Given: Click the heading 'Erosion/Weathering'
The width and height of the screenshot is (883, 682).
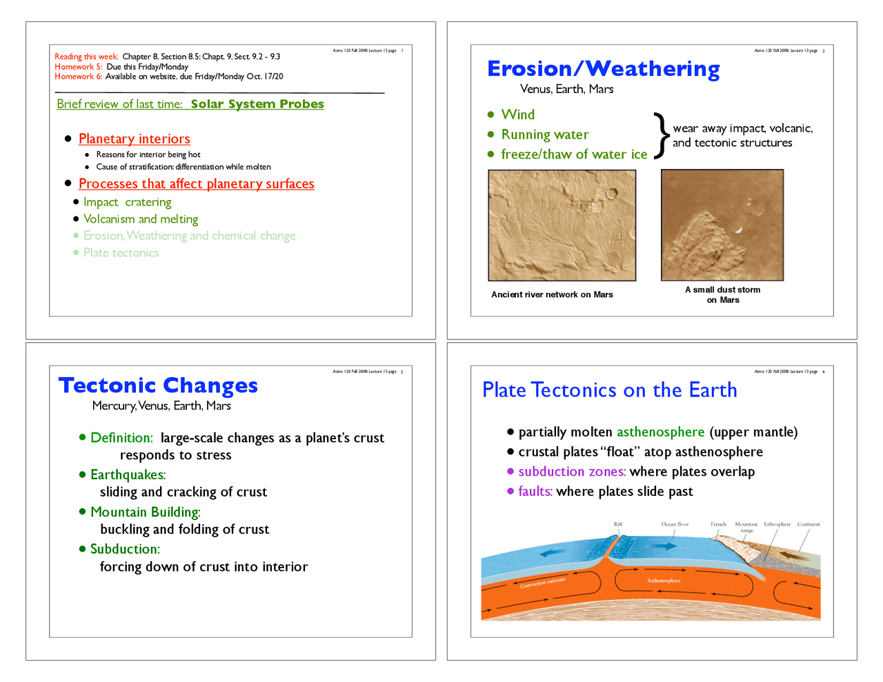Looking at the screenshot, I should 603,69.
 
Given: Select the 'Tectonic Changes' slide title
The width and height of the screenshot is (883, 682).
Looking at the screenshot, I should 158,385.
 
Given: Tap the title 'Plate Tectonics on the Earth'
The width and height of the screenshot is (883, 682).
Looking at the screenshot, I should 609,390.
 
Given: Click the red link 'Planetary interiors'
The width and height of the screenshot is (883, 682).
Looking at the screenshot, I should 134,139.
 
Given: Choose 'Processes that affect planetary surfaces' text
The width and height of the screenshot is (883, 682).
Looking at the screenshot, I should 196,184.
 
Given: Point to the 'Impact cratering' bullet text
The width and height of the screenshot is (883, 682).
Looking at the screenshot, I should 127,202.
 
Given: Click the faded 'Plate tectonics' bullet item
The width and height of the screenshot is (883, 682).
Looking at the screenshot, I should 121,253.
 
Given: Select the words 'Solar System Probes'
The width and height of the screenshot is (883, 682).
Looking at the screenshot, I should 257,104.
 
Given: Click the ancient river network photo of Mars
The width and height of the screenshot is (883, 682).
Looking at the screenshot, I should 562,225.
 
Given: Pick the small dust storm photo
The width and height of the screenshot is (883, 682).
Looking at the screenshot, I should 722,225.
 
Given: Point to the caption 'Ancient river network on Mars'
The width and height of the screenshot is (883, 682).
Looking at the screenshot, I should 552,294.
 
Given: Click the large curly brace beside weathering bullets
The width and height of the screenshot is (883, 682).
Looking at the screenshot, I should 661,135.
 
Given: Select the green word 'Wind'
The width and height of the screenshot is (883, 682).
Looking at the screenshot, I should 517,114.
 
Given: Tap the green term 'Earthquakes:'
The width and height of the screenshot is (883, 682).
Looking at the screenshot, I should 128,475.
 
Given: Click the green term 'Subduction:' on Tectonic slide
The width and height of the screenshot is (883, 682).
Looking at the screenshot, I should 125,550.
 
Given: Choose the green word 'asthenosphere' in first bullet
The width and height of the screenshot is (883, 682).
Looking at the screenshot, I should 660,432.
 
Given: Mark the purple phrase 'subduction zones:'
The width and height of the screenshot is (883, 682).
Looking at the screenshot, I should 572,472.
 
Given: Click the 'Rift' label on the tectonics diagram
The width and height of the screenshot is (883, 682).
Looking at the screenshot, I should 618,524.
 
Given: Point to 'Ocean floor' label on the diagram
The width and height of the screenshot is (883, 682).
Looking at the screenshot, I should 675,524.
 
